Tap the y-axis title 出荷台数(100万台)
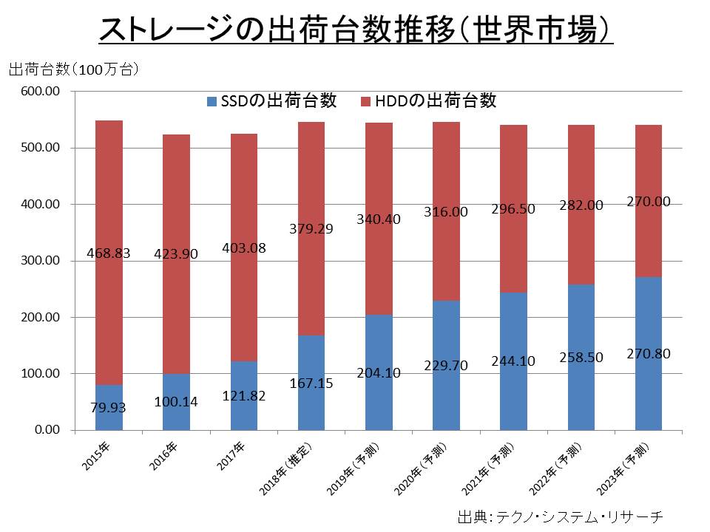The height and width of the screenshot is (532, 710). pyautogui.click(x=73, y=70)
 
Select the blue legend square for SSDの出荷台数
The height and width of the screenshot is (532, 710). pyautogui.click(x=212, y=101)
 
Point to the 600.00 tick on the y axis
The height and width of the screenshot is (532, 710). pyautogui.click(x=42, y=92)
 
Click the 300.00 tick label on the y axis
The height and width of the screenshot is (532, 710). pyautogui.click(x=42, y=261)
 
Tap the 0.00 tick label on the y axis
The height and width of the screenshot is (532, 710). pyautogui.click(x=46, y=430)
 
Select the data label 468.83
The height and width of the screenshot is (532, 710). pyautogui.click(x=109, y=253)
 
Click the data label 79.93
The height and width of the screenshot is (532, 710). pyautogui.click(x=109, y=407)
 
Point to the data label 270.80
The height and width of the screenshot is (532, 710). pyautogui.click(x=648, y=354)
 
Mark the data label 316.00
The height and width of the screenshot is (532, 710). pyautogui.click(x=446, y=212)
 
